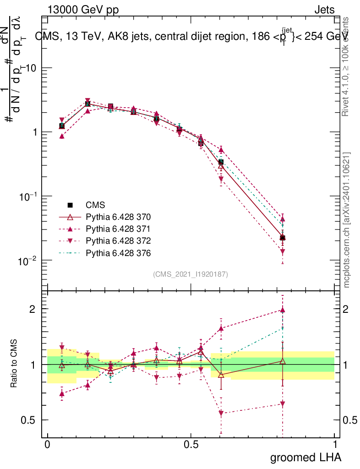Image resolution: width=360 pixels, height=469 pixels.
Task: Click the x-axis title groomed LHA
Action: pos(305,457)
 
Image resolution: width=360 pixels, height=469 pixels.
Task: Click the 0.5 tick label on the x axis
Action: pos(191,445)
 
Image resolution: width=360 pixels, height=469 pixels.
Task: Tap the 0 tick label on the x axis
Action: pos(47,445)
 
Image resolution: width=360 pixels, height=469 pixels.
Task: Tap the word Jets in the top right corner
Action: pos(324,10)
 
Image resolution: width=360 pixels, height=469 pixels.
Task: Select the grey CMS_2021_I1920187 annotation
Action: pos(191,274)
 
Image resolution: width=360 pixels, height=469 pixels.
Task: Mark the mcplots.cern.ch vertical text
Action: pos(347,220)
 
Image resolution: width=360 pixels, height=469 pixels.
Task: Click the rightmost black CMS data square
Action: pos(283,238)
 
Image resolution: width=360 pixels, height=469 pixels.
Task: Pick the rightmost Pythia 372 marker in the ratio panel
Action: pos(283,404)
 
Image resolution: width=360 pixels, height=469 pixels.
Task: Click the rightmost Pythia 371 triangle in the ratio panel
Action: pos(283,310)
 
